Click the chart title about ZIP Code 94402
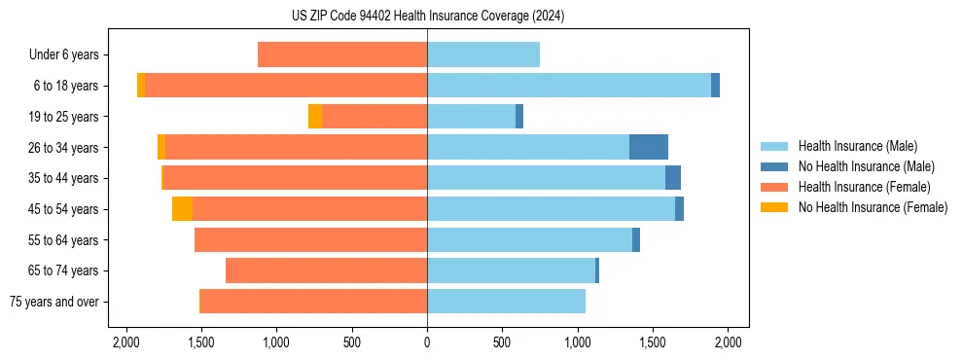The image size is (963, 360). point(427,16)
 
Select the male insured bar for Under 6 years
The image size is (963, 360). point(482,54)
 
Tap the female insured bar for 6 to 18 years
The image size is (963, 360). point(286,86)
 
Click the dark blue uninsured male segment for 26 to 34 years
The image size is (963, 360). point(648,147)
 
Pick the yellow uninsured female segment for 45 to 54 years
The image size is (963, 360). point(182,208)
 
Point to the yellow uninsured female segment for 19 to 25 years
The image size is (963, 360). point(315,117)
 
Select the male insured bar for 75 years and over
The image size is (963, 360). point(506,302)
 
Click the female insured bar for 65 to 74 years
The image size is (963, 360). point(326,270)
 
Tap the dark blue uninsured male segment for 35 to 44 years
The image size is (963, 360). point(672,178)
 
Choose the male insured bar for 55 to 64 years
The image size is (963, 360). point(529,239)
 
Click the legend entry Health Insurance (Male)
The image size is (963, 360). point(857,146)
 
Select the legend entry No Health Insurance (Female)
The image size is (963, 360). point(873,207)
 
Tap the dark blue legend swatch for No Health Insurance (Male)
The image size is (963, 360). point(774,166)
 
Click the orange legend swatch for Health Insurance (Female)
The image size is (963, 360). point(774,187)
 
